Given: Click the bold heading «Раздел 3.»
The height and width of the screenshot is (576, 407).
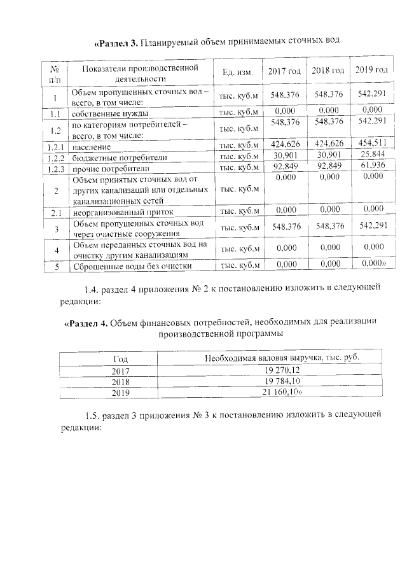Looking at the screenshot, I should [x=117, y=43].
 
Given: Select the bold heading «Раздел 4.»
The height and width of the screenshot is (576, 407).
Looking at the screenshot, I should [x=86, y=323].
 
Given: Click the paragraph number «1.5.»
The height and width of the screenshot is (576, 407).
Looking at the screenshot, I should [x=93, y=415].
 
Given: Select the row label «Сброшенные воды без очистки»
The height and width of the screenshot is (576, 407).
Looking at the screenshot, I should [x=132, y=266].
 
